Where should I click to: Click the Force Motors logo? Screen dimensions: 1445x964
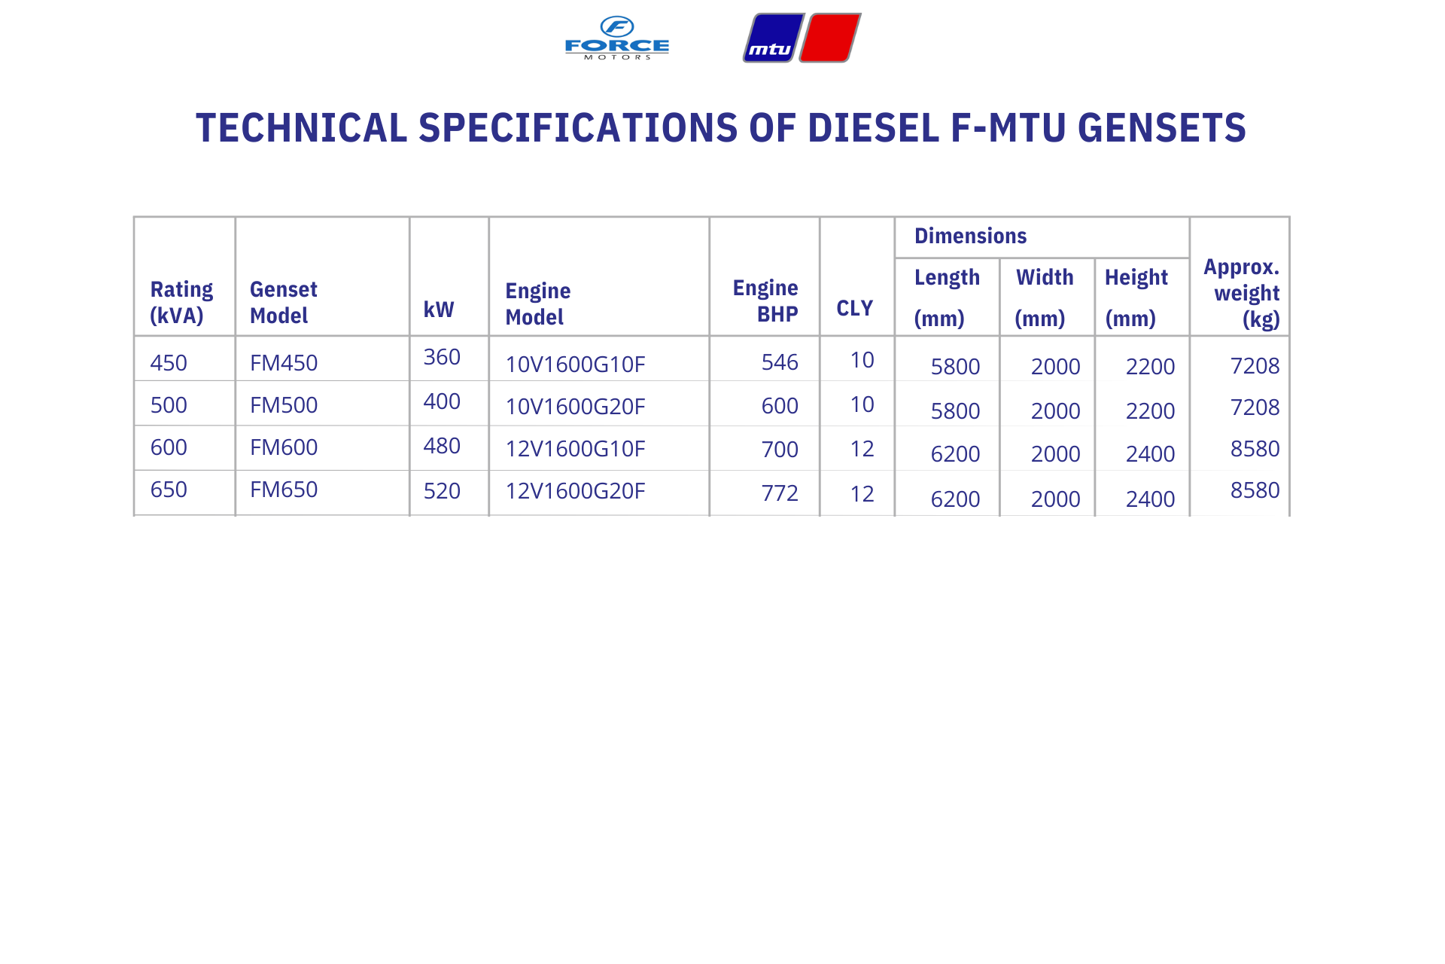[617, 38]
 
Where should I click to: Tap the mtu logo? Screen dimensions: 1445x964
[802, 38]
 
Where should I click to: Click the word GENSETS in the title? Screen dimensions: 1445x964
[1162, 127]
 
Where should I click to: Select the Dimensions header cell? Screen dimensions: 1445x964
[970, 236]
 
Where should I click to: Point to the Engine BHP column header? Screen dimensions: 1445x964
[765, 300]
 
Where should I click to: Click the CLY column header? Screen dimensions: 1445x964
[855, 308]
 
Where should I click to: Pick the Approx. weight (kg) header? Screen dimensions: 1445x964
[1242, 293]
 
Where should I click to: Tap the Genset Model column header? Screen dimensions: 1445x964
[284, 302]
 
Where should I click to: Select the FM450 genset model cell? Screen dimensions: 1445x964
[284, 363]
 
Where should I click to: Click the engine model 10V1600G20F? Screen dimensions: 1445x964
[575, 407]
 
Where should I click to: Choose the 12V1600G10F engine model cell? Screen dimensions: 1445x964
[575, 449]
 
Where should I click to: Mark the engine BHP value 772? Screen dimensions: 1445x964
[780, 493]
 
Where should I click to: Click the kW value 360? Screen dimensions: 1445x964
[442, 357]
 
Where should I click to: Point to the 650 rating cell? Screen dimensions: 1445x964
[169, 490]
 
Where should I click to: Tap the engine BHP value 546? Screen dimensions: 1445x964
[780, 362]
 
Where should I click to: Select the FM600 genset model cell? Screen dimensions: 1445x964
[284, 447]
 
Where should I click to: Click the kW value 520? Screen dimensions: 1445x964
[442, 491]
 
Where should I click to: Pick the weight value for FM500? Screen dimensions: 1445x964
[1255, 407]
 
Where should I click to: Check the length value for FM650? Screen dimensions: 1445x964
[955, 499]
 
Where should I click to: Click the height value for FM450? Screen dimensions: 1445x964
[1150, 367]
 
